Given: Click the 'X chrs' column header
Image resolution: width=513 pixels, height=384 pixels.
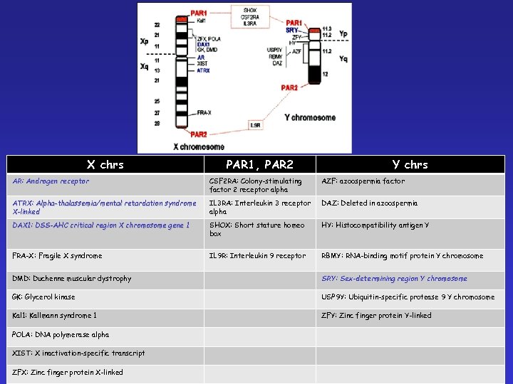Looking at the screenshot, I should tap(105, 164).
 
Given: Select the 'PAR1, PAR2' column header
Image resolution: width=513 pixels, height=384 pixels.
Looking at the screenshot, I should tap(259, 164).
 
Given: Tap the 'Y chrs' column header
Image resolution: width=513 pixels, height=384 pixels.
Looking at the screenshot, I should tap(410, 164).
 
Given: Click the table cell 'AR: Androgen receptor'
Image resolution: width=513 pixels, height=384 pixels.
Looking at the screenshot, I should tap(51, 181).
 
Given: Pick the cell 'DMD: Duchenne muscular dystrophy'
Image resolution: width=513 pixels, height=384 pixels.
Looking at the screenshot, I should tap(72, 279).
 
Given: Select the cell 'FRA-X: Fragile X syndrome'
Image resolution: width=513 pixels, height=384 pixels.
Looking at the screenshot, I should tap(57, 256).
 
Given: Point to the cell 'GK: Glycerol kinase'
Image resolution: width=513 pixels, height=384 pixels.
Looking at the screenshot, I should tap(43, 297).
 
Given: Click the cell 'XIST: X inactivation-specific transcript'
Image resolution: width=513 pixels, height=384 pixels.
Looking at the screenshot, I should tap(78, 353).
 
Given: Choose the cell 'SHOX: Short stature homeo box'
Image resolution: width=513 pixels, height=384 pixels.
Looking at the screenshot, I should tap(257, 230).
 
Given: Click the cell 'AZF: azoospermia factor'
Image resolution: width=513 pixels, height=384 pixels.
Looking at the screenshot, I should tap(363, 181).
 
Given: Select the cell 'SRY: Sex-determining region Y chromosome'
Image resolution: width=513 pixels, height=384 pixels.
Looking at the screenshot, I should tap(394, 279).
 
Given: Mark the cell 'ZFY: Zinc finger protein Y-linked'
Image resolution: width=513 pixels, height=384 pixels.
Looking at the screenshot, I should tap(376, 316).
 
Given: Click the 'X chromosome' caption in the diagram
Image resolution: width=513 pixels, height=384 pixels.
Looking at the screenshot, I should tap(198, 146).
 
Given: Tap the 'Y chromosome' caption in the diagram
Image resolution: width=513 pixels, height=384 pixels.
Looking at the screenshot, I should tap(309, 117).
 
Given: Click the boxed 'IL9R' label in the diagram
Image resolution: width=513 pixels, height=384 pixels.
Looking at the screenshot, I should tap(255, 125).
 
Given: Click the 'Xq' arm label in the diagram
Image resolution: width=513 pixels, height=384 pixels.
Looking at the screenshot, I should tap(145, 66).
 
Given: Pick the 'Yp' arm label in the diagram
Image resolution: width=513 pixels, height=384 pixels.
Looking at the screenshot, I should tap(343, 33).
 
